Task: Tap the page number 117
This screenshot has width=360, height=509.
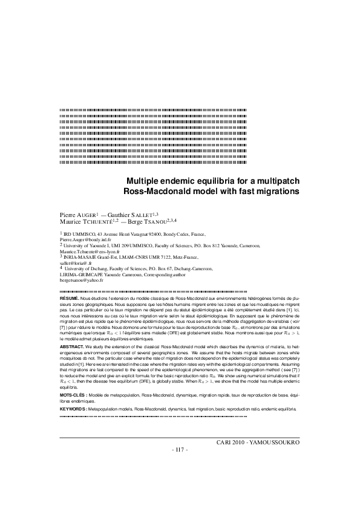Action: (x=180, y=450)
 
